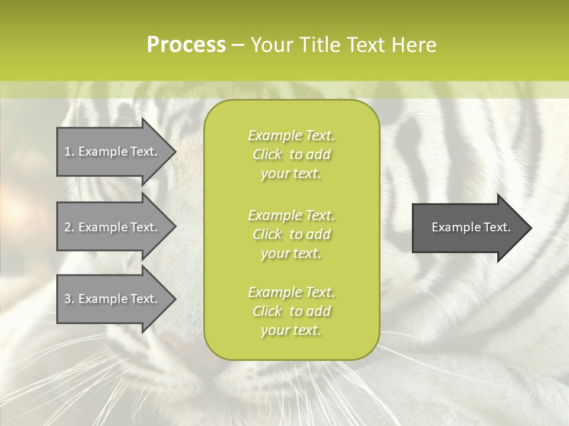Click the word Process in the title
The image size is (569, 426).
(186, 45)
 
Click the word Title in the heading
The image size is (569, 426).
(319, 45)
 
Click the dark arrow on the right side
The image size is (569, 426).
(468, 228)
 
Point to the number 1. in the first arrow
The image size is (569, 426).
(69, 151)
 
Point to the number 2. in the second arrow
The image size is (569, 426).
(69, 227)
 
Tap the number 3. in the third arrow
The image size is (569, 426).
(69, 299)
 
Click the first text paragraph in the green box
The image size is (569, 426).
(291, 154)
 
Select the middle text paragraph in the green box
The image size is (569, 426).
(291, 234)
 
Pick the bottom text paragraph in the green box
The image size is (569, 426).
(291, 311)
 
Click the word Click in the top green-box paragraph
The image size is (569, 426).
(267, 154)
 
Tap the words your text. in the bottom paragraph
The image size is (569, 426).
(291, 330)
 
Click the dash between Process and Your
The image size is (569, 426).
(238, 45)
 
